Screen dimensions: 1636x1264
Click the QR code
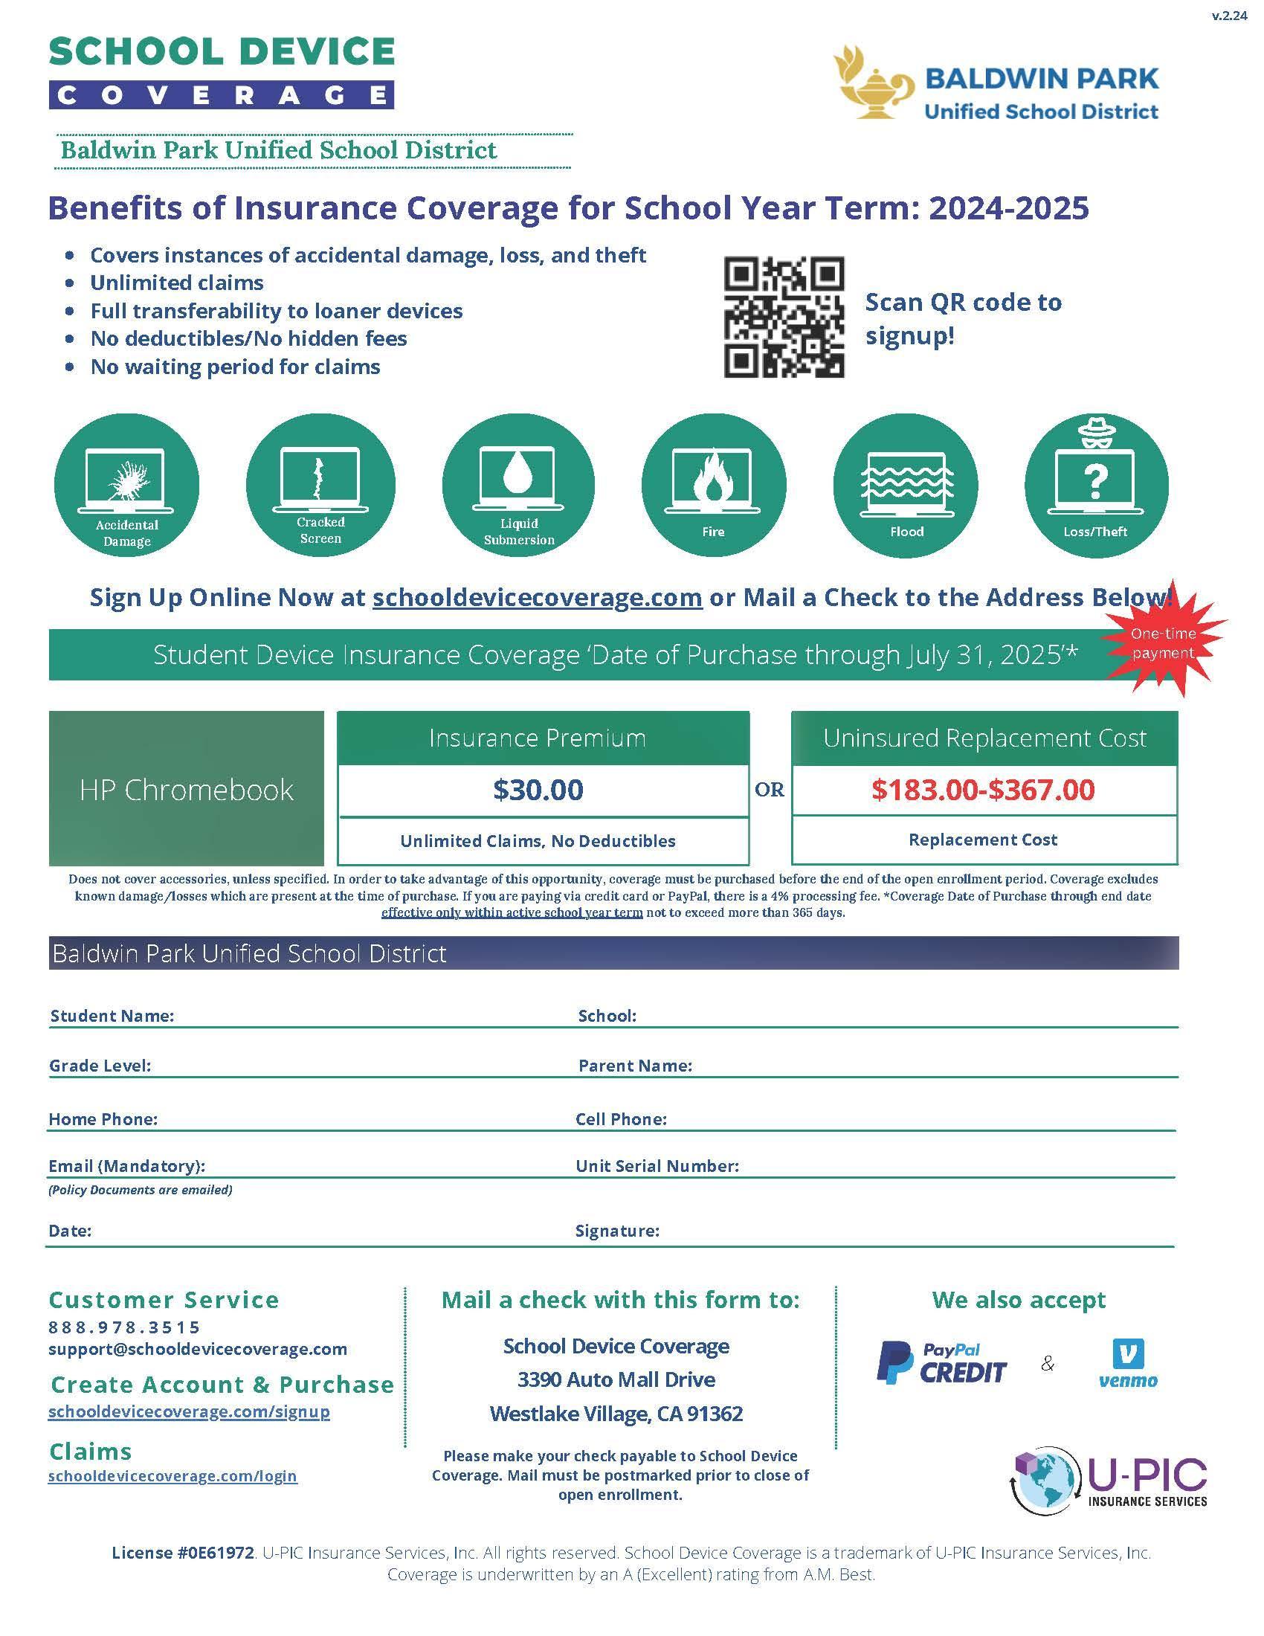[x=783, y=317]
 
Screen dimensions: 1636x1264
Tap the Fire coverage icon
[x=714, y=485]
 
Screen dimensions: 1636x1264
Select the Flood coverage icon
[x=906, y=485]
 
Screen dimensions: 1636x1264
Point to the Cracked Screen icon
[x=320, y=485]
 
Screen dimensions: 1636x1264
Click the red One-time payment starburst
[x=1163, y=642]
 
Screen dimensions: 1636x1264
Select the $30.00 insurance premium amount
[x=538, y=790]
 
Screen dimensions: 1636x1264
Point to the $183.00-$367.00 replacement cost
[x=982, y=790]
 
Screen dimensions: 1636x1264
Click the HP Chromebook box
[x=187, y=789]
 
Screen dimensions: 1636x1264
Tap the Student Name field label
[x=112, y=1016]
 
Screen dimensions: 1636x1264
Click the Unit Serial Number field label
[x=657, y=1165]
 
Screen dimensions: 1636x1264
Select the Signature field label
[x=617, y=1231]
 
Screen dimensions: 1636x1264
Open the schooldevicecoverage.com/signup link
[x=189, y=1411]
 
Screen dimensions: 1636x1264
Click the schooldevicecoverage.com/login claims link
[x=172, y=1475]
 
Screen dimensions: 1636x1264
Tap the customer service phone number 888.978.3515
[x=124, y=1327]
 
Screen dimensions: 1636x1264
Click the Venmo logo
[x=1128, y=1363]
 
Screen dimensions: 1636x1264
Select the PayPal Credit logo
[x=941, y=1362]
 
